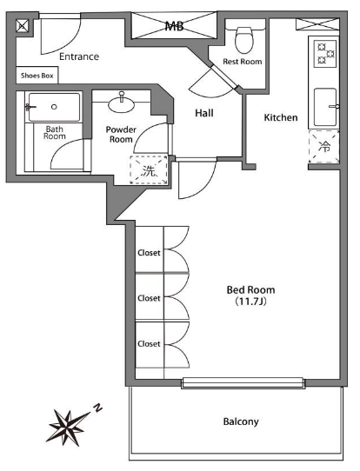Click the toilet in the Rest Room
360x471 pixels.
coord(244,39)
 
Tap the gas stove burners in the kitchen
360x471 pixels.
coord(325,54)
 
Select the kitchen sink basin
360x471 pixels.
coord(325,107)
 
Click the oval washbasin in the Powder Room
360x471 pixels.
coord(122,105)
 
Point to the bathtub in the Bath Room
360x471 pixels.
coord(55,107)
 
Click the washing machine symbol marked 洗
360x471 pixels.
coord(149,169)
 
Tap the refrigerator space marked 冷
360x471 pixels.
coord(324,147)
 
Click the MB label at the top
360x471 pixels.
coord(174,26)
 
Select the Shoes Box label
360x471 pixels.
coord(37,76)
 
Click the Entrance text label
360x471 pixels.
coord(79,56)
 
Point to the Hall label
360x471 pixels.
coord(204,113)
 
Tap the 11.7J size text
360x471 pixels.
coord(251,302)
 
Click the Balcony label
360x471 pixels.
coord(241,421)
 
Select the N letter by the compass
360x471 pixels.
coord(97,408)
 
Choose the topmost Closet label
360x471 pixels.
coord(149,253)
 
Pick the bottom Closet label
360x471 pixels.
coord(149,343)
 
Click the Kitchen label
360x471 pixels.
coord(281,117)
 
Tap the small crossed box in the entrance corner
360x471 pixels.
coord(23,25)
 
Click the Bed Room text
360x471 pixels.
coord(251,290)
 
